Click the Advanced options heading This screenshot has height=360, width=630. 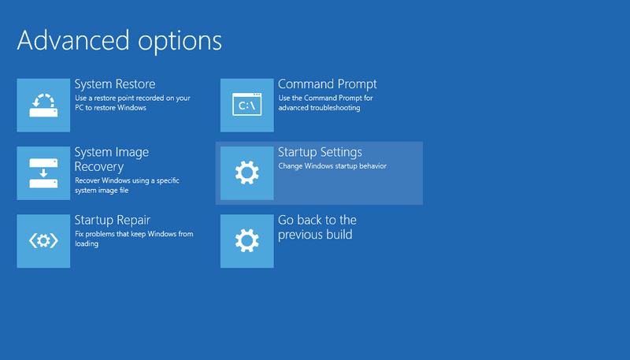[120, 41]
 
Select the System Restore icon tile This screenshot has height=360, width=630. [43, 106]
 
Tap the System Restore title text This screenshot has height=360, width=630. [115, 84]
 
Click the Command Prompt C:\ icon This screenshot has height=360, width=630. [247, 106]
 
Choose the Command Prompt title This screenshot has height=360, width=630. [328, 84]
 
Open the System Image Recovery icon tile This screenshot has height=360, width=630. [43, 173]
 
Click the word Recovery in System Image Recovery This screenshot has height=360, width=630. [99, 167]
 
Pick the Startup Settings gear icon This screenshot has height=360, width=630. [247, 173]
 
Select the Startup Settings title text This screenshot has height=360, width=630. [321, 153]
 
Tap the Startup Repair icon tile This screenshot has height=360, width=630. [43, 241]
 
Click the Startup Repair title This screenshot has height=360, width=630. [113, 221]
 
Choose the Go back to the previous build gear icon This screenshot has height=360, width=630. [247, 241]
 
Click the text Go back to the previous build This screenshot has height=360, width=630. [317, 227]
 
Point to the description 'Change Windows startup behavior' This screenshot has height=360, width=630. [332, 166]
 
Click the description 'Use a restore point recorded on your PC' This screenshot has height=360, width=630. [132, 103]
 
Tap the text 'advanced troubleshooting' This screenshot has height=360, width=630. [320, 108]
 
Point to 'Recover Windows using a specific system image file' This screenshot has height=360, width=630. [127, 185]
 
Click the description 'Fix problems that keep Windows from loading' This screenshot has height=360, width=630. [134, 239]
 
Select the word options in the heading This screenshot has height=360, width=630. [180, 42]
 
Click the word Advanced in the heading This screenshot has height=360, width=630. [73, 40]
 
